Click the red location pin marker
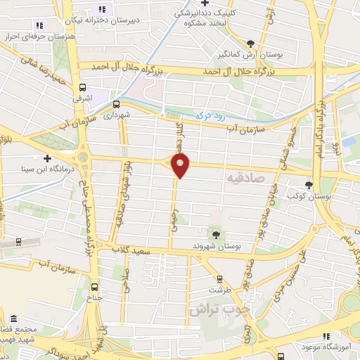point(181,166)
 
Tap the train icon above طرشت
point(220,278)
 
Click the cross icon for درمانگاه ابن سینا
point(47,158)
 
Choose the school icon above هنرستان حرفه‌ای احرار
point(102,10)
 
